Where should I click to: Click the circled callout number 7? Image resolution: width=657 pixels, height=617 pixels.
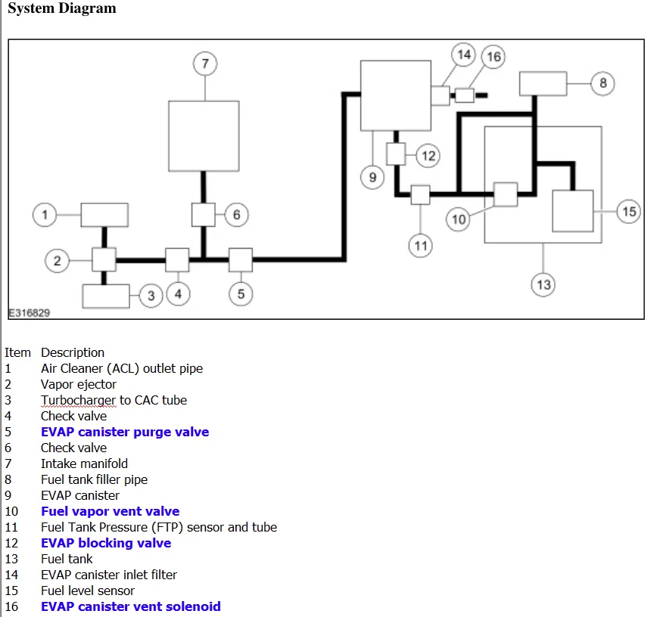[205, 64]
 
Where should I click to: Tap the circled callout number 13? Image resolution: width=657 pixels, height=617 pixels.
[543, 284]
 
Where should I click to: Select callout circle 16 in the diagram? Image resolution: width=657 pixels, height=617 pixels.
[494, 57]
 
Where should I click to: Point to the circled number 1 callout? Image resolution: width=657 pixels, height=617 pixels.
[45, 215]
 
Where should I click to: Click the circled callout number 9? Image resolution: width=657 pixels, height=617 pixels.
[372, 178]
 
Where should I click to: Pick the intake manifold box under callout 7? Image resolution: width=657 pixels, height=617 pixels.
[204, 136]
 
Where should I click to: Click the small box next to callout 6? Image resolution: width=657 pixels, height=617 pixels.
[203, 215]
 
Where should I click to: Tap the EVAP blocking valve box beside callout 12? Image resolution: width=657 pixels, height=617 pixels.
[396, 154]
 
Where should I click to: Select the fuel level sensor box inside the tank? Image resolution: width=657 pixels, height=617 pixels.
[573, 211]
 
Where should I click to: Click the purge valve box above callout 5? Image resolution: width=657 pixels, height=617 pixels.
[241, 260]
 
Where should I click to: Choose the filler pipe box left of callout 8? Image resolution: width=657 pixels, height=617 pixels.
[543, 84]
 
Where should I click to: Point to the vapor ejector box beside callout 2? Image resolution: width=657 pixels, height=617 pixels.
[104, 260]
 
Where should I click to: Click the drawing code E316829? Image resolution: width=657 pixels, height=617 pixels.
[30, 313]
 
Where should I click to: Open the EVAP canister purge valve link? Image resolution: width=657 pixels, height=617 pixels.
[125, 432]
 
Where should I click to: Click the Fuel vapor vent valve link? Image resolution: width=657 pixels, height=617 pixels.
[111, 511]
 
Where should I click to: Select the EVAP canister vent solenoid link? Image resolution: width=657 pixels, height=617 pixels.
[131, 606]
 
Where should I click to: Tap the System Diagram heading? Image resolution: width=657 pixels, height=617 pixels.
[62, 8]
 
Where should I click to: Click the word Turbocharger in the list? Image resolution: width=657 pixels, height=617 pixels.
[79, 400]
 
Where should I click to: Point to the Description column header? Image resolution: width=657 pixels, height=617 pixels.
[73, 352]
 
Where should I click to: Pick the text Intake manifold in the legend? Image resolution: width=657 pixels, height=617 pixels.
[84, 464]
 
